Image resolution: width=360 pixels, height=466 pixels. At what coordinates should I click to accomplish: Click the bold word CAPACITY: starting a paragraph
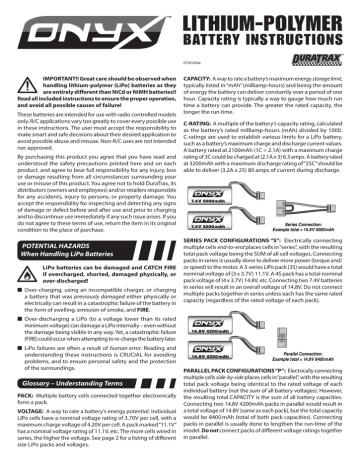[x=204, y=86]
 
